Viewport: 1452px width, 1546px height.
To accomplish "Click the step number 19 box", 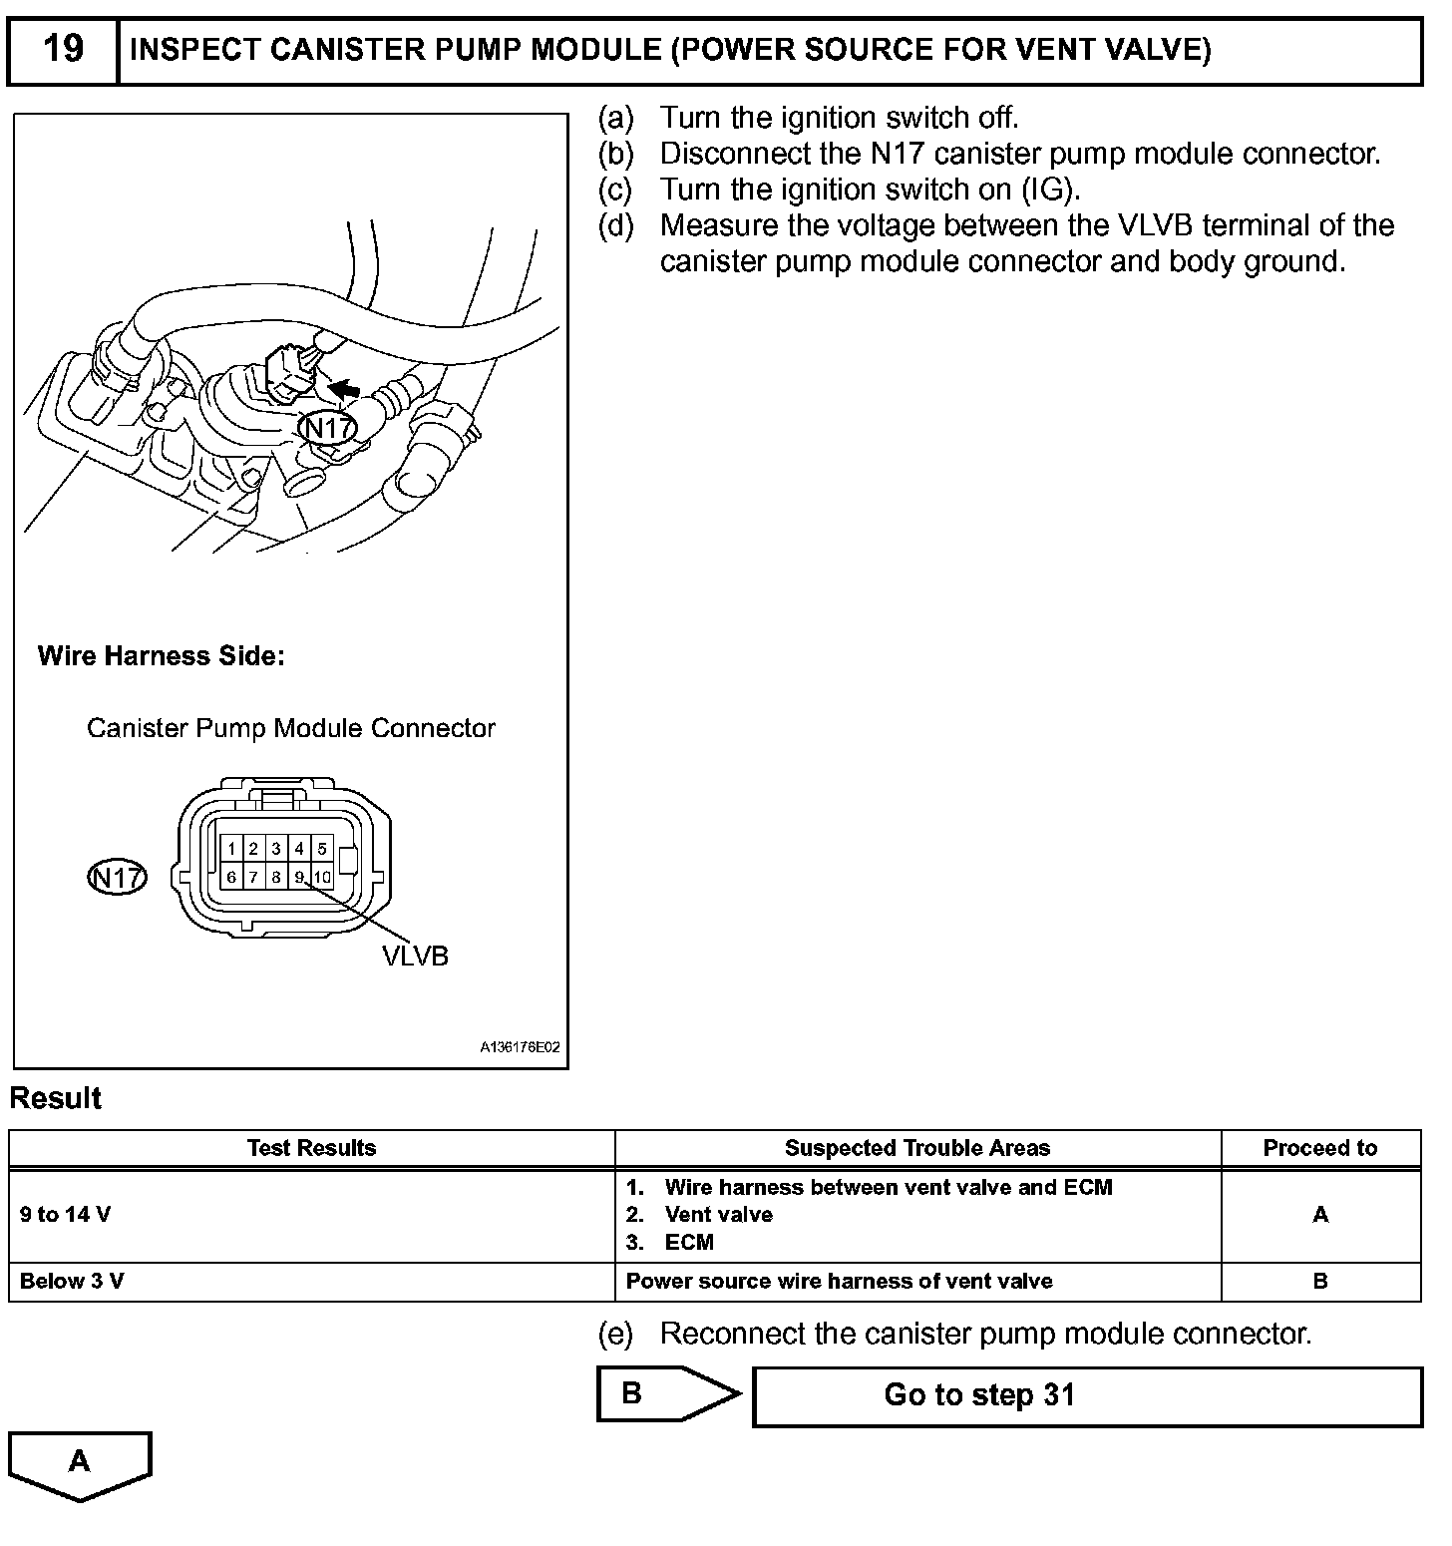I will coord(63,49).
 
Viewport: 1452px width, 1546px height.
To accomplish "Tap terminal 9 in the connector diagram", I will coord(299,878).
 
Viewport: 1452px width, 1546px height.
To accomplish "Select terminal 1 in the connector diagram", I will coord(231,849).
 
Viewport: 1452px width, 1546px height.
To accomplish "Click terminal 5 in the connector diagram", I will coord(322,849).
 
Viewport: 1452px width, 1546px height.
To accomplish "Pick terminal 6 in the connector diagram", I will coord(231,878).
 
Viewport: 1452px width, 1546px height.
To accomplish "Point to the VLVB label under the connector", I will coord(415,957).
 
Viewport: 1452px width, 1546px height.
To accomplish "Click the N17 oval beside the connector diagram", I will coord(118,878).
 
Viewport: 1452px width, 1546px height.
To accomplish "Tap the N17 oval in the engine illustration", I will coord(328,429).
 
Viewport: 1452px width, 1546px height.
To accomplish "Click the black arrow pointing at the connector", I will coord(345,388).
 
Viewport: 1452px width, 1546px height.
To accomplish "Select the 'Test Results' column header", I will coord(311,1148).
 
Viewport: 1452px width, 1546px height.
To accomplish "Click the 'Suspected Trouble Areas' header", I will coord(917,1148).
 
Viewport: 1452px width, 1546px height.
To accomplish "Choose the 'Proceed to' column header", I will coord(1319,1148).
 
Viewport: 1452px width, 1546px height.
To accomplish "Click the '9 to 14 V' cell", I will coord(66,1215).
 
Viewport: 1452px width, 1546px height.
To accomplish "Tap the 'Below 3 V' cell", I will coord(72,1282).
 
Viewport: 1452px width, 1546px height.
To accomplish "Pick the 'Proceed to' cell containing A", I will coord(1320,1215).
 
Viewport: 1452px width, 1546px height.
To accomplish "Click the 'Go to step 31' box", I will coord(1087,1395).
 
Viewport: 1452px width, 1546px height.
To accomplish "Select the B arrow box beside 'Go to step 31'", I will coord(658,1393).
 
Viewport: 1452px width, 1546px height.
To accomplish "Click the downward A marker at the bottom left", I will coord(80,1463).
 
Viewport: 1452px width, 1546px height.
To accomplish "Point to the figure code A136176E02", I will coord(520,1048).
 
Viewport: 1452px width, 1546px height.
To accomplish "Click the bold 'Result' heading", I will coord(56,1098).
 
